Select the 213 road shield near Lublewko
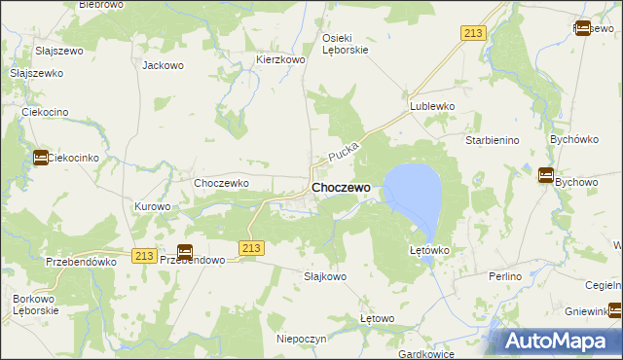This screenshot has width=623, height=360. [x=473, y=34]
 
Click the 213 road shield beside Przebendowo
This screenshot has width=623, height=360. [x=145, y=255]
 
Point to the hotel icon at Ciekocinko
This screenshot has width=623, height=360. [x=41, y=157]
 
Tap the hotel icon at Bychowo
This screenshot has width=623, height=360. [x=546, y=176]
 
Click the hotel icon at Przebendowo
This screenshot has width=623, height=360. [x=185, y=251]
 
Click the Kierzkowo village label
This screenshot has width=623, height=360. [x=281, y=59]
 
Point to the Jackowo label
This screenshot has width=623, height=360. [x=163, y=66]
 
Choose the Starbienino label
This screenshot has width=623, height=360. [x=492, y=141]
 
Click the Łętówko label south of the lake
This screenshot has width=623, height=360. [x=428, y=250]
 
